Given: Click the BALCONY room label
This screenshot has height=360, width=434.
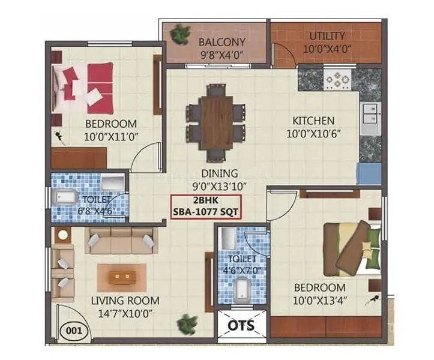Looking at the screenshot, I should point(222,42).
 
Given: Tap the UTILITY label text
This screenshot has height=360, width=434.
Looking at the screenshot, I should point(327,36).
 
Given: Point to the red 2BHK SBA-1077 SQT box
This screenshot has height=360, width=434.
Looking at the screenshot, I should point(206,207).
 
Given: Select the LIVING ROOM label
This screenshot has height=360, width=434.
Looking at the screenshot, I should point(125,301).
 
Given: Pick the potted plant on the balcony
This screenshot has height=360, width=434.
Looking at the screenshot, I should point(178,35).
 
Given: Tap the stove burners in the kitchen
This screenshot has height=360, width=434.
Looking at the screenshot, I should point(336,79).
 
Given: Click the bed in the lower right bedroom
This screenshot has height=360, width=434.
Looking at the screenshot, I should point(351,248).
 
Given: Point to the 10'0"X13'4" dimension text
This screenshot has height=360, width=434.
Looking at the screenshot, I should point(319,299).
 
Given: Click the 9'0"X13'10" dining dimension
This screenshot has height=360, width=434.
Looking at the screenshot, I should point(206,185).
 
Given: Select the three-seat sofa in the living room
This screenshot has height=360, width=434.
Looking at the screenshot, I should point(121,241).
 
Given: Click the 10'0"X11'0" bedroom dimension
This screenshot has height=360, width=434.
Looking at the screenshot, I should point(112,136).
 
